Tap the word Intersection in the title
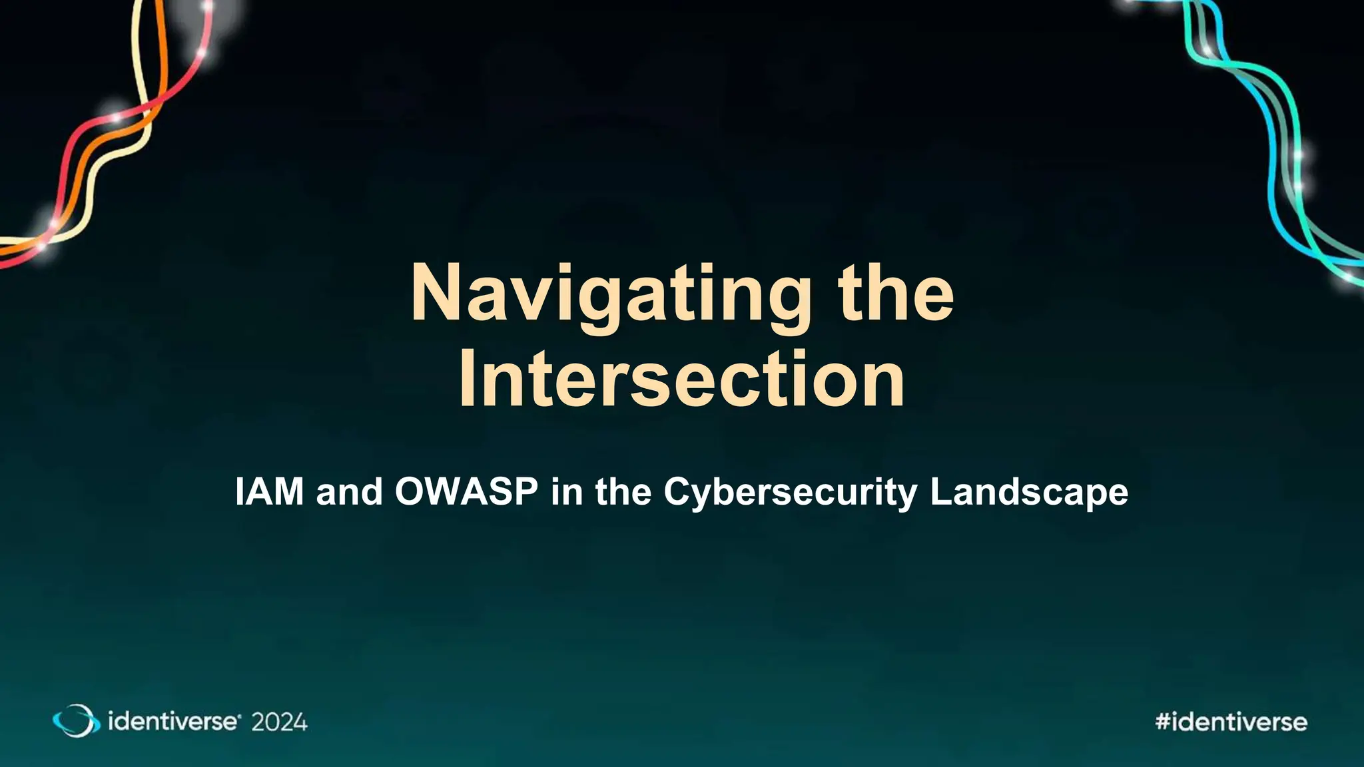[682, 380]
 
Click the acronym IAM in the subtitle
[269, 492]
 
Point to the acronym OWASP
[466, 492]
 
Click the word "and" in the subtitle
[350, 492]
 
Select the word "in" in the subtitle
[567, 492]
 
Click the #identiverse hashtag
[1231, 722]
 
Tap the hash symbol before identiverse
[1163, 722]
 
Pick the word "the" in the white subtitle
[623, 492]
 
